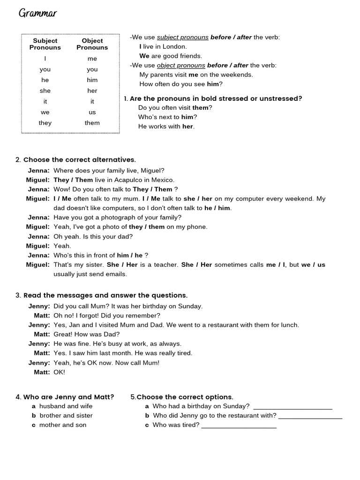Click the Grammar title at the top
(x=37, y=13)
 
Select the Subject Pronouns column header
(x=45, y=44)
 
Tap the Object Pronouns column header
(x=92, y=44)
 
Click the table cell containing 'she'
(x=45, y=90)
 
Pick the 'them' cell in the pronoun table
(x=92, y=123)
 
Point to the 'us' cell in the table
(x=92, y=112)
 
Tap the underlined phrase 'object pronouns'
(x=181, y=65)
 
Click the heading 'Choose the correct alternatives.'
(x=79, y=160)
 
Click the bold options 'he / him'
(x=217, y=208)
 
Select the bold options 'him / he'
(x=129, y=255)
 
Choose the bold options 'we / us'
(x=313, y=265)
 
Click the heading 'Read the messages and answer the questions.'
(x=105, y=295)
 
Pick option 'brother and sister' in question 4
(x=66, y=416)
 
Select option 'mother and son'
(x=63, y=425)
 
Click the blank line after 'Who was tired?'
(x=239, y=426)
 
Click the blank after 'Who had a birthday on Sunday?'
(x=292, y=407)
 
